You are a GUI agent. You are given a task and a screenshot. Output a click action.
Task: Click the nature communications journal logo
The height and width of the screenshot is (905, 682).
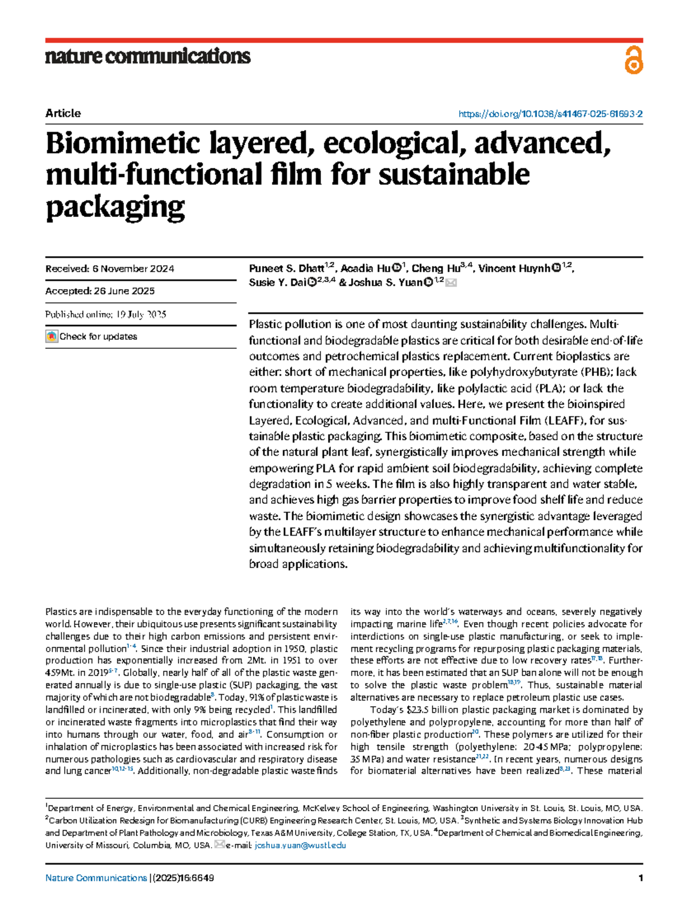tap(148, 56)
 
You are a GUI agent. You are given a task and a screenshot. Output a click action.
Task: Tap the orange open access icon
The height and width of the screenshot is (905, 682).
tap(633, 60)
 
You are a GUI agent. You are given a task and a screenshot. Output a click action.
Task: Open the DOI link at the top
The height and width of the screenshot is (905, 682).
tap(550, 114)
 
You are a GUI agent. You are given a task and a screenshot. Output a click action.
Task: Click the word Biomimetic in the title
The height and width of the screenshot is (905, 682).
tap(122, 143)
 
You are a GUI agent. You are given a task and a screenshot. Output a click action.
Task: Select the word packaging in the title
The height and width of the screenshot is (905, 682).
tap(115, 207)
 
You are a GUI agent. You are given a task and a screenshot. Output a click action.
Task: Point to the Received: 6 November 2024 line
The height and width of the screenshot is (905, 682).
tap(110, 269)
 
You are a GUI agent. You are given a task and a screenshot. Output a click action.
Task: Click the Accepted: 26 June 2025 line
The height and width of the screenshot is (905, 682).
tap(100, 291)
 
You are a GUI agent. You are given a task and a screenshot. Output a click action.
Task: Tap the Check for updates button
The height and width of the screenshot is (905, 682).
tap(92, 336)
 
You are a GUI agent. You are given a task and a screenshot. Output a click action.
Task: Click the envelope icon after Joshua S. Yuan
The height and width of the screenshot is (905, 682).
tap(451, 282)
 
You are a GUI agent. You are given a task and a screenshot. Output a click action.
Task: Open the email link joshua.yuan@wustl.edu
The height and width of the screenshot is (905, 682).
tap(300, 845)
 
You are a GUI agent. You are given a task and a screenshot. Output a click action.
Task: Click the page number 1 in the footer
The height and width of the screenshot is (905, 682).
tap(641, 878)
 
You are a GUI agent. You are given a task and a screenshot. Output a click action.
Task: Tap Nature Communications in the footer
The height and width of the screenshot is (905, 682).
tap(96, 878)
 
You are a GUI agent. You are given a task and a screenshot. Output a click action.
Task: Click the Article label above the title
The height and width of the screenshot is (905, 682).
tap(63, 113)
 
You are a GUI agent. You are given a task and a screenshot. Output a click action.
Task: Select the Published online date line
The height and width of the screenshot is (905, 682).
tap(106, 314)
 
